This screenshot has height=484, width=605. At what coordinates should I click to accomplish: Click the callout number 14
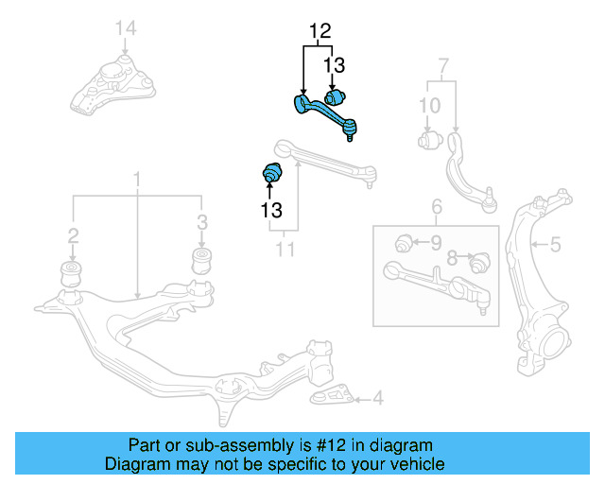pos(126,28)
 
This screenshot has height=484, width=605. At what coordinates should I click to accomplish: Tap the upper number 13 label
pos(335,65)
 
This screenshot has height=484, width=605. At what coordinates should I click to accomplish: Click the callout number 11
pos(285,250)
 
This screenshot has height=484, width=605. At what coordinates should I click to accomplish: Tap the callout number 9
pos(436,244)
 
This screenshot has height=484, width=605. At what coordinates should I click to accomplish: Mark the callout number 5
pos(555,246)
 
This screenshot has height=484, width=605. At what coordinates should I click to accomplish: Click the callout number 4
pos(377,399)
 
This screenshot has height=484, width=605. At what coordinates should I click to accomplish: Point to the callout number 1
pos(137,178)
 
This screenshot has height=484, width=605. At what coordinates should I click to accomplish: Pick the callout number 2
pos(72,235)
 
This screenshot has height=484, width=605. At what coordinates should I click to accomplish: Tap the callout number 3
pos(200,223)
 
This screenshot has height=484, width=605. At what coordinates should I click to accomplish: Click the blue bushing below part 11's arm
pos(272,175)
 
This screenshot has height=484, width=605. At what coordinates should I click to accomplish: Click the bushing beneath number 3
pos(201,261)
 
